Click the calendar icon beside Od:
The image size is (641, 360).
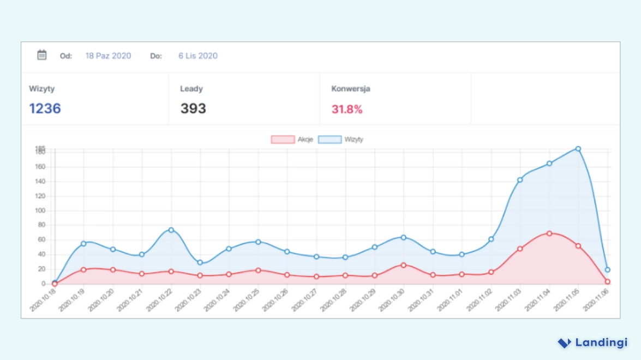point(42,55)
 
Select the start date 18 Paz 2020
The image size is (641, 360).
point(108,56)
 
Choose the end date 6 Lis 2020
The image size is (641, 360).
point(197,56)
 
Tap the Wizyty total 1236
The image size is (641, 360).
point(45,109)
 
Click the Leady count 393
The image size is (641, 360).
point(193,109)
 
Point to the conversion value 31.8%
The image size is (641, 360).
point(347,109)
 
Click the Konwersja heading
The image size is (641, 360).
point(351,89)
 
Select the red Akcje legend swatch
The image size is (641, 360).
point(283,140)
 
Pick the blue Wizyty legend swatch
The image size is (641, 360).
point(330,140)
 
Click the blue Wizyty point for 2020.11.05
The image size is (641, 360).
point(578,148)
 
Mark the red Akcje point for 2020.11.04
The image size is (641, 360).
point(549,233)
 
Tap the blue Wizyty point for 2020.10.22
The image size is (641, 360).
point(171,230)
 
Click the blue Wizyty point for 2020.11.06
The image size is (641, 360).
point(607,269)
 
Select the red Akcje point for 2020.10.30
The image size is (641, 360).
point(404,265)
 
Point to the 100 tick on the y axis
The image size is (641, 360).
point(40,211)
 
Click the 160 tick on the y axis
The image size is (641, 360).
point(40,167)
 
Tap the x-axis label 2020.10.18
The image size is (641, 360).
point(42,300)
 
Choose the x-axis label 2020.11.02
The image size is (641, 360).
point(478,300)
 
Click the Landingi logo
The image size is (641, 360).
point(592,343)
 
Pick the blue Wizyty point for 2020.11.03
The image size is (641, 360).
point(520,179)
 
